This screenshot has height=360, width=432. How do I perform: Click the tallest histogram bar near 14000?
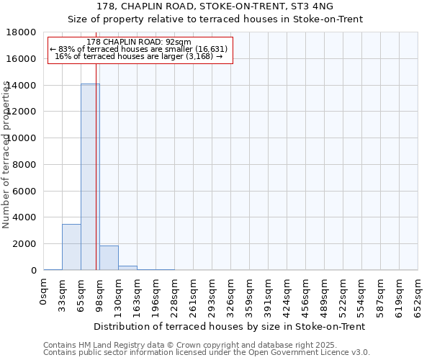pyautogui.click(x=90, y=176)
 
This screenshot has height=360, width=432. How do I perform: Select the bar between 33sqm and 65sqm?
pyautogui.click(x=71, y=247)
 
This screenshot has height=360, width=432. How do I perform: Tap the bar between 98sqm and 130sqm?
pyautogui.click(x=109, y=258)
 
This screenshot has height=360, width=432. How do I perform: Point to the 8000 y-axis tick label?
pyautogui.click(x=24, y=165)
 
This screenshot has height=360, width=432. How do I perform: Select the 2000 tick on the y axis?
pyautogui.click(x=24, y=244)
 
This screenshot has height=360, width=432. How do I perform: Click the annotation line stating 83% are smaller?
pyautogui.click(x=139, y=49)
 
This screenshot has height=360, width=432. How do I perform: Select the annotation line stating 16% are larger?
pyautogui.click(x=139, y=56)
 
